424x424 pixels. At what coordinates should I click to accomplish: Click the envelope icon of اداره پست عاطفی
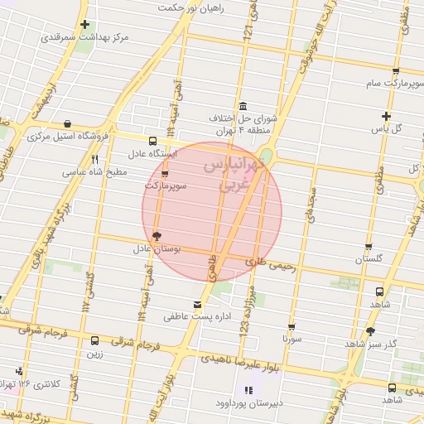(x=196, y=304)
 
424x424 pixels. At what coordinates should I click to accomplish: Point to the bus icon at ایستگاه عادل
(x=152, y=141)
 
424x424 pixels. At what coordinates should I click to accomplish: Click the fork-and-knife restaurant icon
(x=94, y=160)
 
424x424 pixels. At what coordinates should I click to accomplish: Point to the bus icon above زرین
(x=94, y=340)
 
